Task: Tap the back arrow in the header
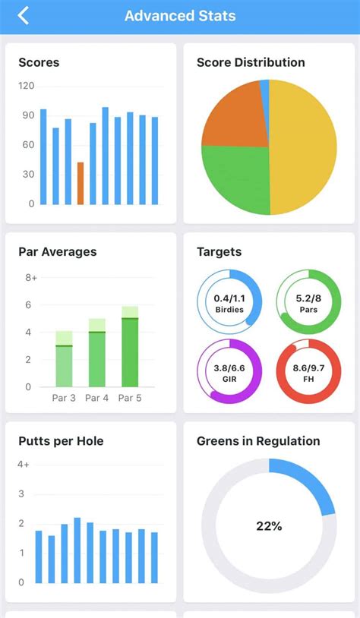pyautogui.click(x=24, y=15)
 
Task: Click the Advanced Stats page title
pyautogui.click(x=180, y=16)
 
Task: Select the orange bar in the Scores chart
pyautogui.click(x=81, y=183)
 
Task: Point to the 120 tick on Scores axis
pyautogui.click(x=27, y=86)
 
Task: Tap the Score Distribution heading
pyautogui.click(x=251, y=62)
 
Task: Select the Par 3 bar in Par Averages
pyautogui.click(x=64, y=364)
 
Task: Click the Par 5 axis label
pyautogui.click(x=130, y=399)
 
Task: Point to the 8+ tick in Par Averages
pyautogui.click(x=31, y=278)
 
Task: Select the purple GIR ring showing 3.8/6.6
pyautogui.click(x=229, y=371)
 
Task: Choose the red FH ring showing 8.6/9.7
pyautogui.click(x=308, y=371)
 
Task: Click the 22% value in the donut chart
pyautogui.click(x=269, y=525)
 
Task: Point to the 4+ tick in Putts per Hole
pyautogui.click(x=24, y=464)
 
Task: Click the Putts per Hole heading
pyautogui.click(x=61, y=441)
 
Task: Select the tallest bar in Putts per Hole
pyautogui.click(x=77, y=550)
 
